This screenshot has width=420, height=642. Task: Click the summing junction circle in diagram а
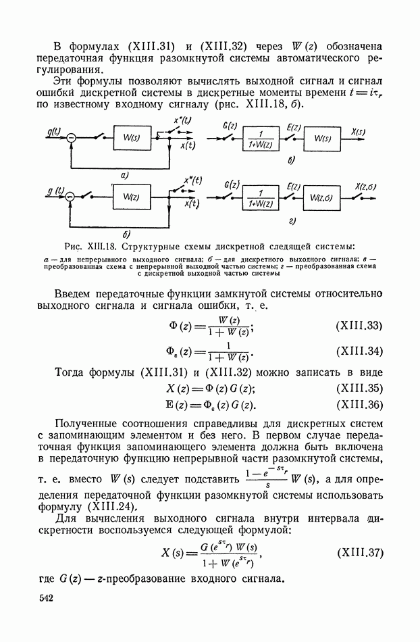(x=71, y=139)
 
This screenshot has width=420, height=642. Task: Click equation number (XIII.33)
(x=359, y=326)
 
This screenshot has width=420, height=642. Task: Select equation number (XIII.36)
(x=359, y=405)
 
